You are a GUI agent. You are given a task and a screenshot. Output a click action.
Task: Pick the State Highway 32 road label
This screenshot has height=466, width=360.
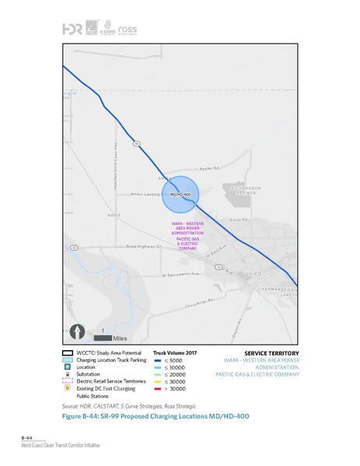coord(143,246)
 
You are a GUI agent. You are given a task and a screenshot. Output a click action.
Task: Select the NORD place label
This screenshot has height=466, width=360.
coord(114,215)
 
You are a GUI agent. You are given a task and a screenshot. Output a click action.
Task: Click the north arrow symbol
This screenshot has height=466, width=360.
coord(78,331)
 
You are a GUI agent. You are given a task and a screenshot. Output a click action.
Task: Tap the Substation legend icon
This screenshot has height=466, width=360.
coord(68,374)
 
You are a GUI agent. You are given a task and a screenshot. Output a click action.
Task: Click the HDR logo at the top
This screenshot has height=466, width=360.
coord(74,29)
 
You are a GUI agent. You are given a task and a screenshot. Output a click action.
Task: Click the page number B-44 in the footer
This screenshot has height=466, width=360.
coord(28,439)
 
